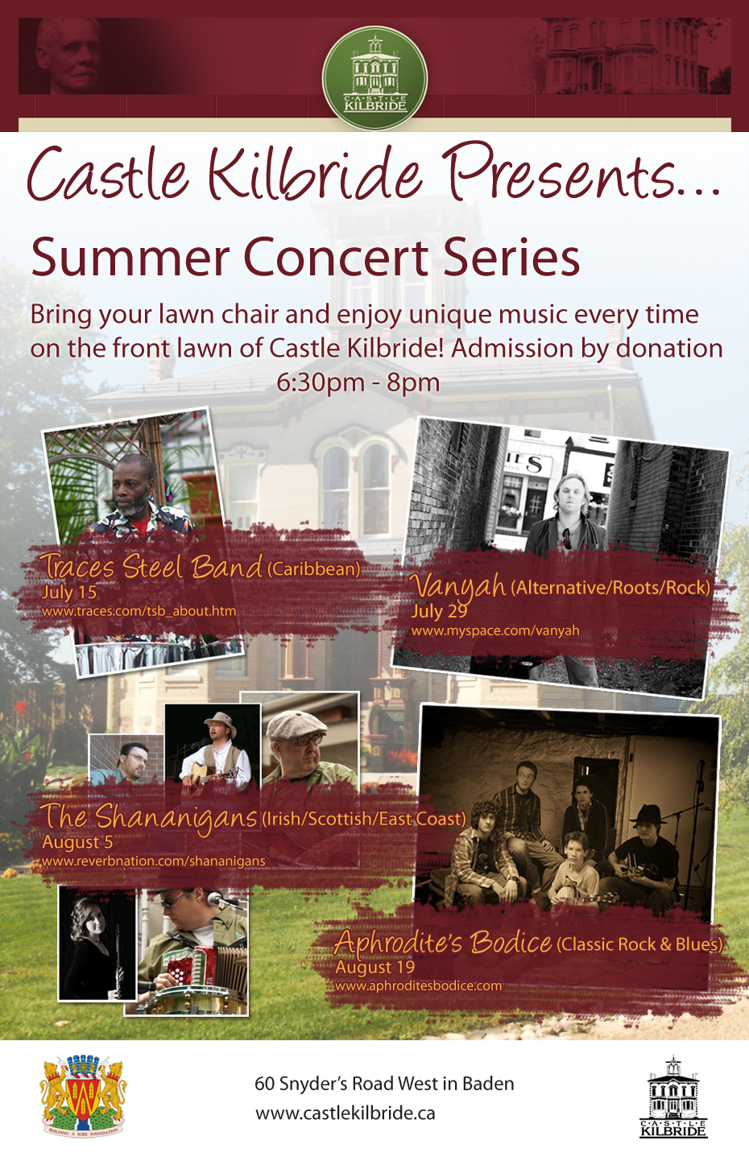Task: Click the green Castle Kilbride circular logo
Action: [x=375, y=77]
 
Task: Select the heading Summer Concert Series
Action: [x=305, y=257]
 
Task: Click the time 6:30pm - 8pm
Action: [x=358, y=382]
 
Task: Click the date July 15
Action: [x=68, y=592]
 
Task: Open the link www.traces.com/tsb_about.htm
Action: [x=139, y=611]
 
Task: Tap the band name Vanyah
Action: [x=458, y=585]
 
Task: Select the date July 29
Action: [x=439, y=611]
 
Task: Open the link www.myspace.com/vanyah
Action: [x=495, y=630]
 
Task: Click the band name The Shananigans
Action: [x=149, y=816]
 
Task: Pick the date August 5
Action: [x=77, y=842]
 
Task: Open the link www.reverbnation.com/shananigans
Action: [x=153, y=861]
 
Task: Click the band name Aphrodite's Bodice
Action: [x=443, y=942]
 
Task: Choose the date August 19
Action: [x=375, y=967]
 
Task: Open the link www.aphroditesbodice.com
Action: [x=419, y=986]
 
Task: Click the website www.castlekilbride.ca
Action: [x=345, y=1113]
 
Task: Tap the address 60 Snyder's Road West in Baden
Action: [x=384, y=1083]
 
